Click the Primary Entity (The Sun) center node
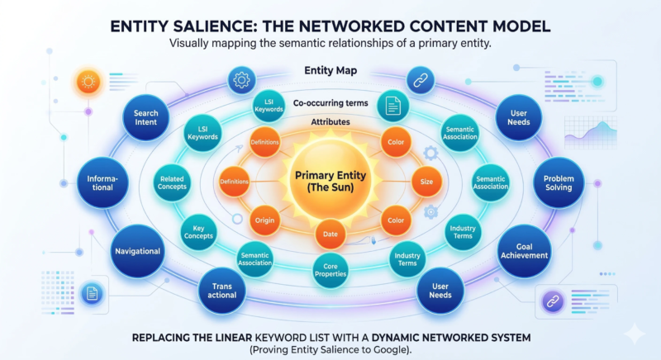coord(330,182)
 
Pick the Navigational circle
coord(136,249)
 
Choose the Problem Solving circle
coord(559,182)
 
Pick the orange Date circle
coord(330,235)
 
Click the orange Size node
coord(426,182)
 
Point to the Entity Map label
coord(330,72)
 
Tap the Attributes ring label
coord(330,122)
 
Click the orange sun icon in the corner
coord(88,82)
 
